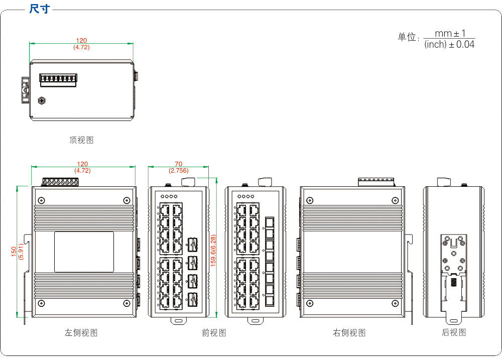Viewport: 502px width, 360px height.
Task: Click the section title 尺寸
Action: [x=39, y=9]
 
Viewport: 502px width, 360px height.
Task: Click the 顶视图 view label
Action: [x=81, y=140]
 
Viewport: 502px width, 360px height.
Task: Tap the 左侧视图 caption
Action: [x=81, y=332]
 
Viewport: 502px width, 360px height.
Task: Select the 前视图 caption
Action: [x=214, y=332]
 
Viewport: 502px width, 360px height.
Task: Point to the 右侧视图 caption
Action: [x=349, y=332]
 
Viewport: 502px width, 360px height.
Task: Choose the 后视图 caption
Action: [x=454, y=332]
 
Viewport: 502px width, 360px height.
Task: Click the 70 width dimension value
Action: [x=178, y=164]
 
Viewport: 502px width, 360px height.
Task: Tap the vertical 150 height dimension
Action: [x=14, y=251]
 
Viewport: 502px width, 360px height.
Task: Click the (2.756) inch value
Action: [x=178, y=171]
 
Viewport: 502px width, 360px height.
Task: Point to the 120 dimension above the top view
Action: [x=81, y=41]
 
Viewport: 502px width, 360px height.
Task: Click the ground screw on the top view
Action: [x=42, y=100]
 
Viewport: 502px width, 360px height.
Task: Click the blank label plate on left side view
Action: [x=84, y=252]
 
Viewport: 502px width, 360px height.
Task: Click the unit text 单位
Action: [x=408, y=38]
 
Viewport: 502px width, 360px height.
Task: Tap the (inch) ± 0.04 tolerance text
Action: [x=449, y=45]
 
